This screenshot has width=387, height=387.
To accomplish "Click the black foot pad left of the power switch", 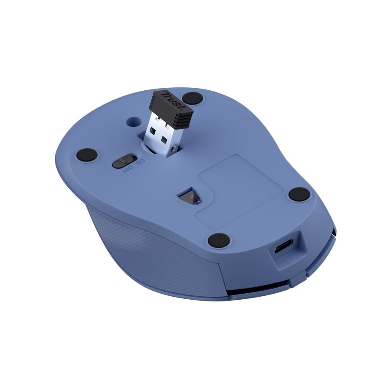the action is click(x=87, y=155).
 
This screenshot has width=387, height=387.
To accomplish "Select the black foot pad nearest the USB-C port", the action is click(x=300, y=194).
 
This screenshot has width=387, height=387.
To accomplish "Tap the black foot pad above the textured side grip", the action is click(x=219, y=240).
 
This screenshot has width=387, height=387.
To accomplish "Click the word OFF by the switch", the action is click(x=127, y=170).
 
